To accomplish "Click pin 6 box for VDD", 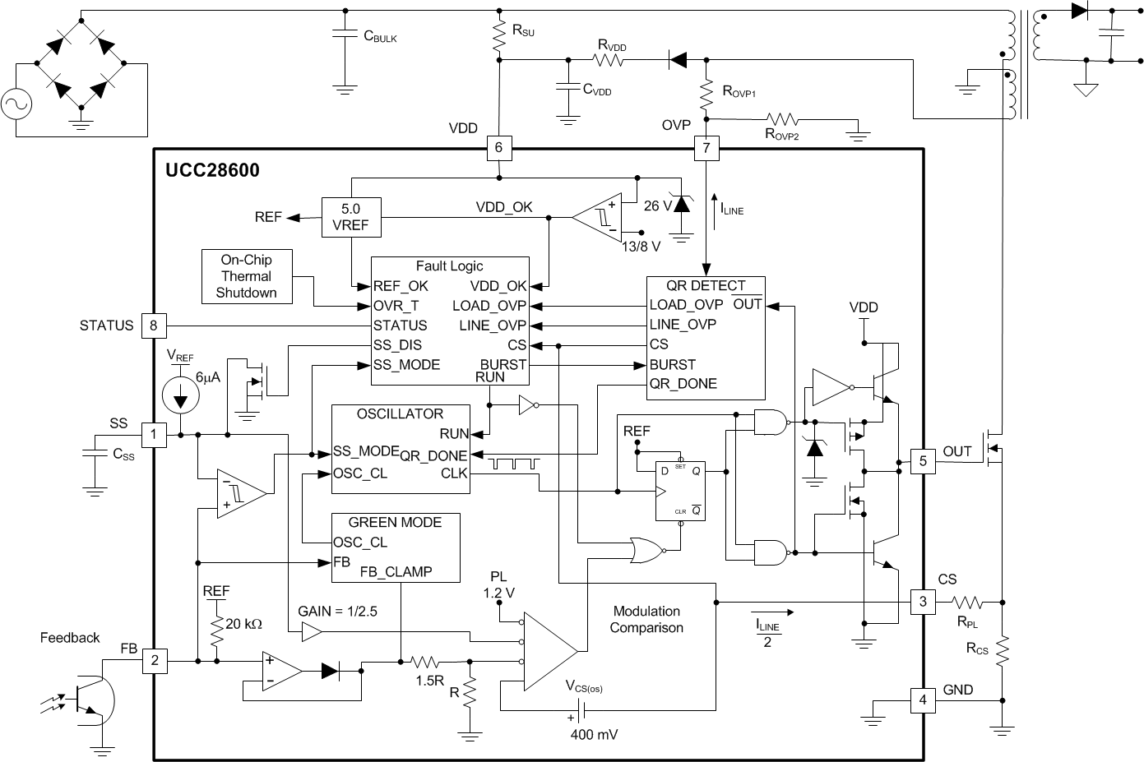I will (499, 149).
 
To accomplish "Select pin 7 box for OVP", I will (706, 149).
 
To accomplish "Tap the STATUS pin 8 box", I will (154, 326).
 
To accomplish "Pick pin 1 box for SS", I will (154, 434).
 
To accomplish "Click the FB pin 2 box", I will (154, 660).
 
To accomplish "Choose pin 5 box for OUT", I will (923, 461).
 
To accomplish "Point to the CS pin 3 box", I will (923, 602).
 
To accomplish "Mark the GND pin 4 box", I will (923, 700).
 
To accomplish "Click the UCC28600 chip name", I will (212, 170).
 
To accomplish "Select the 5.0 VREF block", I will (350, 217).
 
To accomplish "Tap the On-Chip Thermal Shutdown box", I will (246, 276).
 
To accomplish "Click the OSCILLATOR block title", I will (400, 414).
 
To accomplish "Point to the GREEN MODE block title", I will (395, 523).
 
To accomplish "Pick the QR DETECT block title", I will (706, 286).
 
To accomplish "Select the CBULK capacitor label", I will (380, 37).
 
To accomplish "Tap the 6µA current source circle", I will (181, 395).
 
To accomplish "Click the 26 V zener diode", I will (680, 206).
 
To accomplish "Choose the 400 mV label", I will (594, 734).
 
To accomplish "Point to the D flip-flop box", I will (680, 490).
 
